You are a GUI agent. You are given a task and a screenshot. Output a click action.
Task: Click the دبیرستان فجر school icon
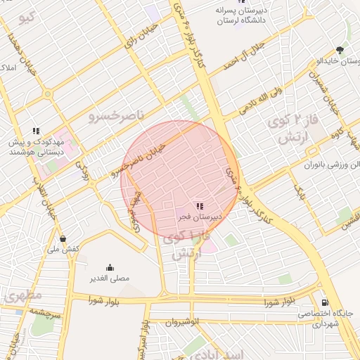200,206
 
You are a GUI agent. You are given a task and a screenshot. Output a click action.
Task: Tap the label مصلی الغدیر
109,278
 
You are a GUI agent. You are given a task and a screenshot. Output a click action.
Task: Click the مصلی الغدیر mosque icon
110,267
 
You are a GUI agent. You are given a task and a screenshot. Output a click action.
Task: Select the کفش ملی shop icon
64,238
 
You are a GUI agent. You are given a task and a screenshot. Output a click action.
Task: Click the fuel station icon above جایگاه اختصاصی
324,302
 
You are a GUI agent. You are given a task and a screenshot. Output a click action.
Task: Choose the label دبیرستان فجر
200,217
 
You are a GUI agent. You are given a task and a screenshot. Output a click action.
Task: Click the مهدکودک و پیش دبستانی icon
36,130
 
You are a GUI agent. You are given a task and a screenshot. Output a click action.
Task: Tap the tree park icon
341,50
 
